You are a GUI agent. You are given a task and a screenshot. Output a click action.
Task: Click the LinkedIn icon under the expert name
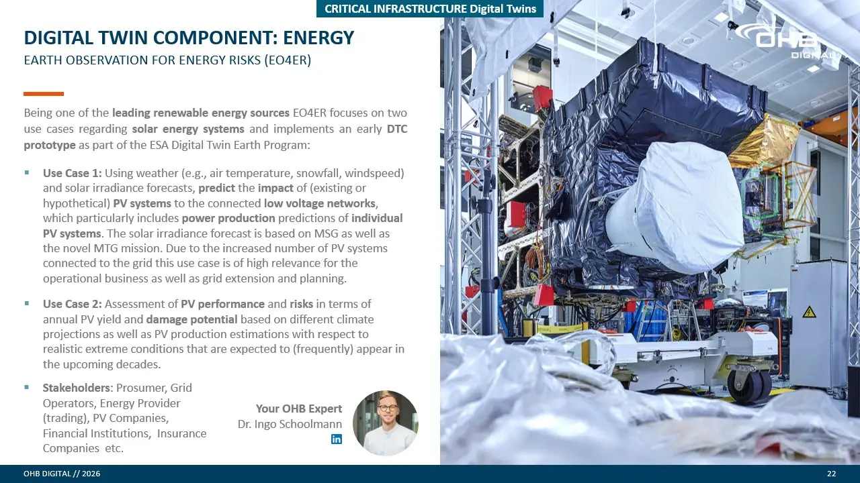[337, 439]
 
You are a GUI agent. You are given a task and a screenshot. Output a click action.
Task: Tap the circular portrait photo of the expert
[386, 423]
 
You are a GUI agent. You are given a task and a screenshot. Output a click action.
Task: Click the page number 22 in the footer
[831, 474]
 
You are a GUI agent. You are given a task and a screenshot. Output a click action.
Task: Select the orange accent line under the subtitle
[44, 94]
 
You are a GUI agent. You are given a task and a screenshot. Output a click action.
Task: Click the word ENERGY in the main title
[318, 38]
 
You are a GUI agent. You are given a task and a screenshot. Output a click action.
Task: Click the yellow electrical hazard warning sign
[809, 313]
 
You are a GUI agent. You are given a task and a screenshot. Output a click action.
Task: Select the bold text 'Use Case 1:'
[72, 173]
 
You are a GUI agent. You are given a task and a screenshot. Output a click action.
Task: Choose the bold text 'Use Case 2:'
[72, 304]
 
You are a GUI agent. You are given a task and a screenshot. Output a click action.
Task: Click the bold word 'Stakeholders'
[77, 388]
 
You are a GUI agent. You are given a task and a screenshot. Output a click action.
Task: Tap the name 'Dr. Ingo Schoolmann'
[290, 424]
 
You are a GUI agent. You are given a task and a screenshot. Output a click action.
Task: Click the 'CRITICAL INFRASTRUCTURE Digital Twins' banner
[430, 9]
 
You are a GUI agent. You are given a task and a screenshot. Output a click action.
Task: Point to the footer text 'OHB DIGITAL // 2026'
[62, 474]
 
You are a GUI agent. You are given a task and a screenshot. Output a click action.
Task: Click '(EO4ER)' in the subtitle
[288, 60]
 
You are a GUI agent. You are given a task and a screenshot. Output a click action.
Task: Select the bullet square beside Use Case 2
[26, 303]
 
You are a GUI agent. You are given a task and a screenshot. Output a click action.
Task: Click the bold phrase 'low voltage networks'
[319, 203]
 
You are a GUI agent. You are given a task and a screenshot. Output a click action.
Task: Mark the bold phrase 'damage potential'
[191, 319]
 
